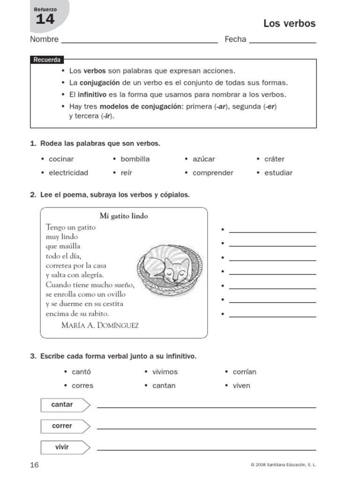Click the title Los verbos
click(289, 23)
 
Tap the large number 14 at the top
click(45, 19)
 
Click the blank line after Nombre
click(139, 40)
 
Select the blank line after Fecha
click(283, 40)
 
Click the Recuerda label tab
click(46, 60)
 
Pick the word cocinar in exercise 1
click(61, 159)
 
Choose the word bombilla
click(135, 159)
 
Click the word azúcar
click(203, 159)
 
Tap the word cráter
click(274, 159)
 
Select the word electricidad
click(68, 172)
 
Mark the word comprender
click(213, 172)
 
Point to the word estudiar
click(278, 172)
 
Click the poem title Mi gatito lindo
click(124, 216)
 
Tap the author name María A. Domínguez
click(100, 325)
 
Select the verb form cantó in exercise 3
click(81, 372)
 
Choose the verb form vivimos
click(165, 372)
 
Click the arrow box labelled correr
click(65, 426)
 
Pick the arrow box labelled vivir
click(65, 447)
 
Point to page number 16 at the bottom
click(35, 465)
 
